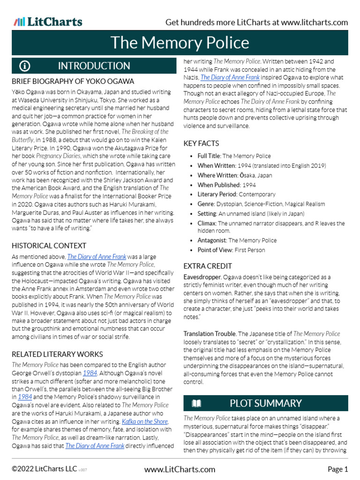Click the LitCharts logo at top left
(x=48, y=22)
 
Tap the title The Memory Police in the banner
(x=180, y=43)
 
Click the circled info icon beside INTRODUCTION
(x=24, y=66)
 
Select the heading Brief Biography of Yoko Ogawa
(x=73, y=81)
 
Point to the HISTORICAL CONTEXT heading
(x=49, y=246)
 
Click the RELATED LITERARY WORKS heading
(x=57, y=354)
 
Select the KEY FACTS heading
(x=201, y=143)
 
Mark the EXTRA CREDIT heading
(x=208, y=266)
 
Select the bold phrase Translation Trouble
(x=210, y=334)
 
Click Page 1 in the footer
(x=337, y=469)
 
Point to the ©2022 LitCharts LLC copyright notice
(x=45, y=469)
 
